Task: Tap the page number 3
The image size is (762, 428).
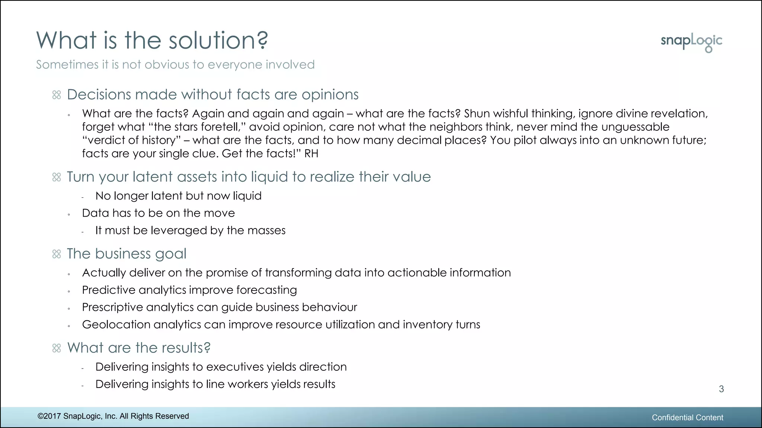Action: tap(721, 389)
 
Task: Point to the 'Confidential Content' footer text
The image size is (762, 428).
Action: tap(687, 418)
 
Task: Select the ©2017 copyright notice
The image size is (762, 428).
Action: tap(113, 416)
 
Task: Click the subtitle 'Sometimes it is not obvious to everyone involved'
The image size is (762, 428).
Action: tap(175, 65)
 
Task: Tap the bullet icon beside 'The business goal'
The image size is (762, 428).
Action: tap(57, 254)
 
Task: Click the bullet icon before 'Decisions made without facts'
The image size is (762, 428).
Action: tap(57, 95)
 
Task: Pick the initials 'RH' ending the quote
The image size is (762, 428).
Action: tap(311, 153)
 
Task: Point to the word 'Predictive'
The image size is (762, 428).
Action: tap(108, 290)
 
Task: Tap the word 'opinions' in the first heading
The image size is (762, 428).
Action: tap(330, 95)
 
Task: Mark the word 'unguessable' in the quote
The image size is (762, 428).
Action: tap(635, 127)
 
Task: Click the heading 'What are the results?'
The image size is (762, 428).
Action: tap(139, 348)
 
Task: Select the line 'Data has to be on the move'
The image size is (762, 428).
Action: tap(159, 213)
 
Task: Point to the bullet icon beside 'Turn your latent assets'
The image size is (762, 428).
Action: tap(57, 177)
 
